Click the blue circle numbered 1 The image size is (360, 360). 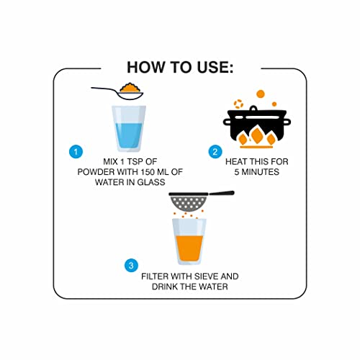[76, 152]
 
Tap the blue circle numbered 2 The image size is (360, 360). [215, 152]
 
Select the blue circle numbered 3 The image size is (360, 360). [131, 266]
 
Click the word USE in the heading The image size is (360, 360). [215, 67]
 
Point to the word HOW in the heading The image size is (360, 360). [145, 67]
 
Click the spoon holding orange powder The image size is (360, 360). [117, 91]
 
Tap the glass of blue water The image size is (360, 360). [129, 129]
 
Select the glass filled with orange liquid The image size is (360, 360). [189, 242]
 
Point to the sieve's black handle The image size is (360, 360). [221, 193]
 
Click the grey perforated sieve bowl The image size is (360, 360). [189, 202]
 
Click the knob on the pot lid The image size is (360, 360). [253, 108]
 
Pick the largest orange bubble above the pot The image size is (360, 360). [261, 94]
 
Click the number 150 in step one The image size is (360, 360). [148, 172]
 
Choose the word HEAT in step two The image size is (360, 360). [237, 162]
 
